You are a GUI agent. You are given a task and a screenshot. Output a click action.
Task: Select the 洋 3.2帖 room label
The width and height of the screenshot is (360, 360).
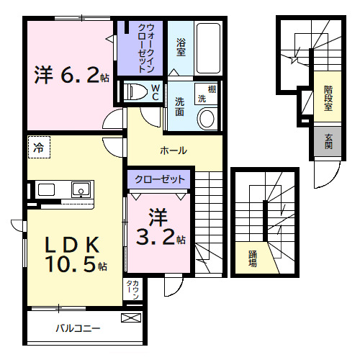coord(161,227)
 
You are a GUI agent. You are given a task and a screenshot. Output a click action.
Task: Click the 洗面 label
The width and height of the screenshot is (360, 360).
coord(179,106)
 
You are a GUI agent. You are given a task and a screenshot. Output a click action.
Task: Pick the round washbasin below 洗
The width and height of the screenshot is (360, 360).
coord(207,118)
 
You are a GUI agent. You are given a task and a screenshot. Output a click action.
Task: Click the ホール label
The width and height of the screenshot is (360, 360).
coord(174,150)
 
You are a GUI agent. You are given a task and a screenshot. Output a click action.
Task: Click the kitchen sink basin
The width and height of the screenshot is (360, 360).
coord(80,190)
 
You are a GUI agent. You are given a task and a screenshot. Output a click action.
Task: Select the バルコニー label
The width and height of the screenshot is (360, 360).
coord(78,329)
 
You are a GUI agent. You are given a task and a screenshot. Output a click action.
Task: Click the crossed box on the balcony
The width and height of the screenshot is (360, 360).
coord(131,318)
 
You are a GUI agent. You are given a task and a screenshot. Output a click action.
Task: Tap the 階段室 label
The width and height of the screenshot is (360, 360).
coord(328,99)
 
